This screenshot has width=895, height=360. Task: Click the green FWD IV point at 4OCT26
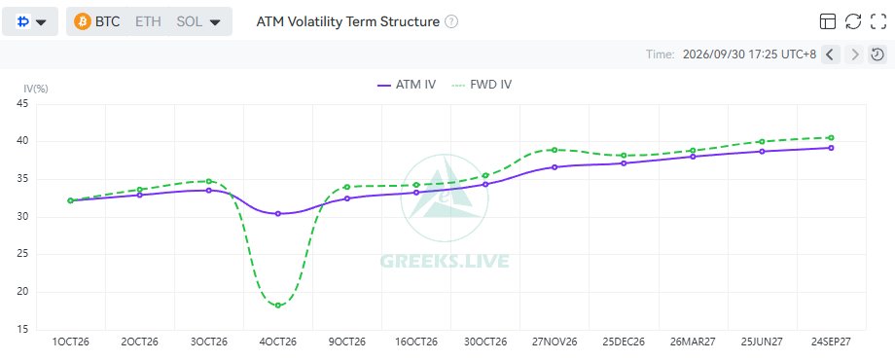(x=278, y=306)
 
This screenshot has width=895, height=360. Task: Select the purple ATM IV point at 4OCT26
(x=278, y=214)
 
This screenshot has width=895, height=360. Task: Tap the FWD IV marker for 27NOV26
(x=555, y=150)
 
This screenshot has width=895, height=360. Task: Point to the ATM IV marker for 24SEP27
(x=831, y=148)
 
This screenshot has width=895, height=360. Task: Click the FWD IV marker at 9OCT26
(x=347, y=187)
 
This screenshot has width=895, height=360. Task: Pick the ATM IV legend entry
(x=407, y=85)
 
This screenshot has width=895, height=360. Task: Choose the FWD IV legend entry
(x=482, y=85)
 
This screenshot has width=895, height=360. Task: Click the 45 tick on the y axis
(x=23, y=104)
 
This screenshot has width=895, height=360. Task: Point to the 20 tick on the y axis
(x=23, y=292)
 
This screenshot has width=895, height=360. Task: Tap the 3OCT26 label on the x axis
(x=209, y=342)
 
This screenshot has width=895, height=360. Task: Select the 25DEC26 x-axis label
(x=624, y=342)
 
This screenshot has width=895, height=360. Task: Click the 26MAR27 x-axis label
(x=693, y=342)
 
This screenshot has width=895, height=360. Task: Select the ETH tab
(x=149, y=21)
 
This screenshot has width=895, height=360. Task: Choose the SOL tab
(x=189, y=21)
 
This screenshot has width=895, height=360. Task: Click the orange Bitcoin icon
(x=83, y=21)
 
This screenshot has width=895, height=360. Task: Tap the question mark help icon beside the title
(x=451, y=21)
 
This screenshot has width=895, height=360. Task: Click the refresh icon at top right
(x=853, y=21)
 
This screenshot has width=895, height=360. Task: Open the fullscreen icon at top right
(x=877, y=21)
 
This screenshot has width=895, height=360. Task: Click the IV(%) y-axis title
(x=35, y=89)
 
